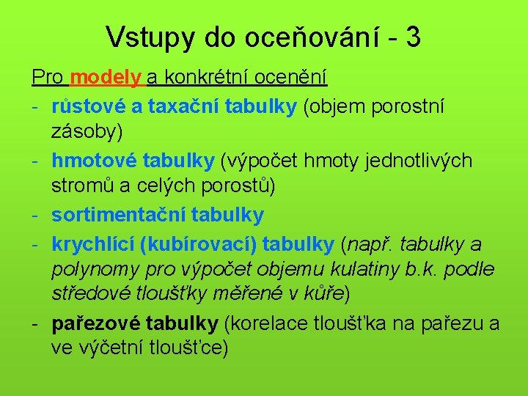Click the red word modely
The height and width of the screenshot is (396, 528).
(x=108, y=76)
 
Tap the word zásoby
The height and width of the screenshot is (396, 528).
(x=85, y=132)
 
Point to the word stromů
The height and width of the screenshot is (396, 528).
(x=80, y=187)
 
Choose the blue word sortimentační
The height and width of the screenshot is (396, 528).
(x=118, y=214)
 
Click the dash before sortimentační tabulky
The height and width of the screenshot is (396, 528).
(x=35, y=214)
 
